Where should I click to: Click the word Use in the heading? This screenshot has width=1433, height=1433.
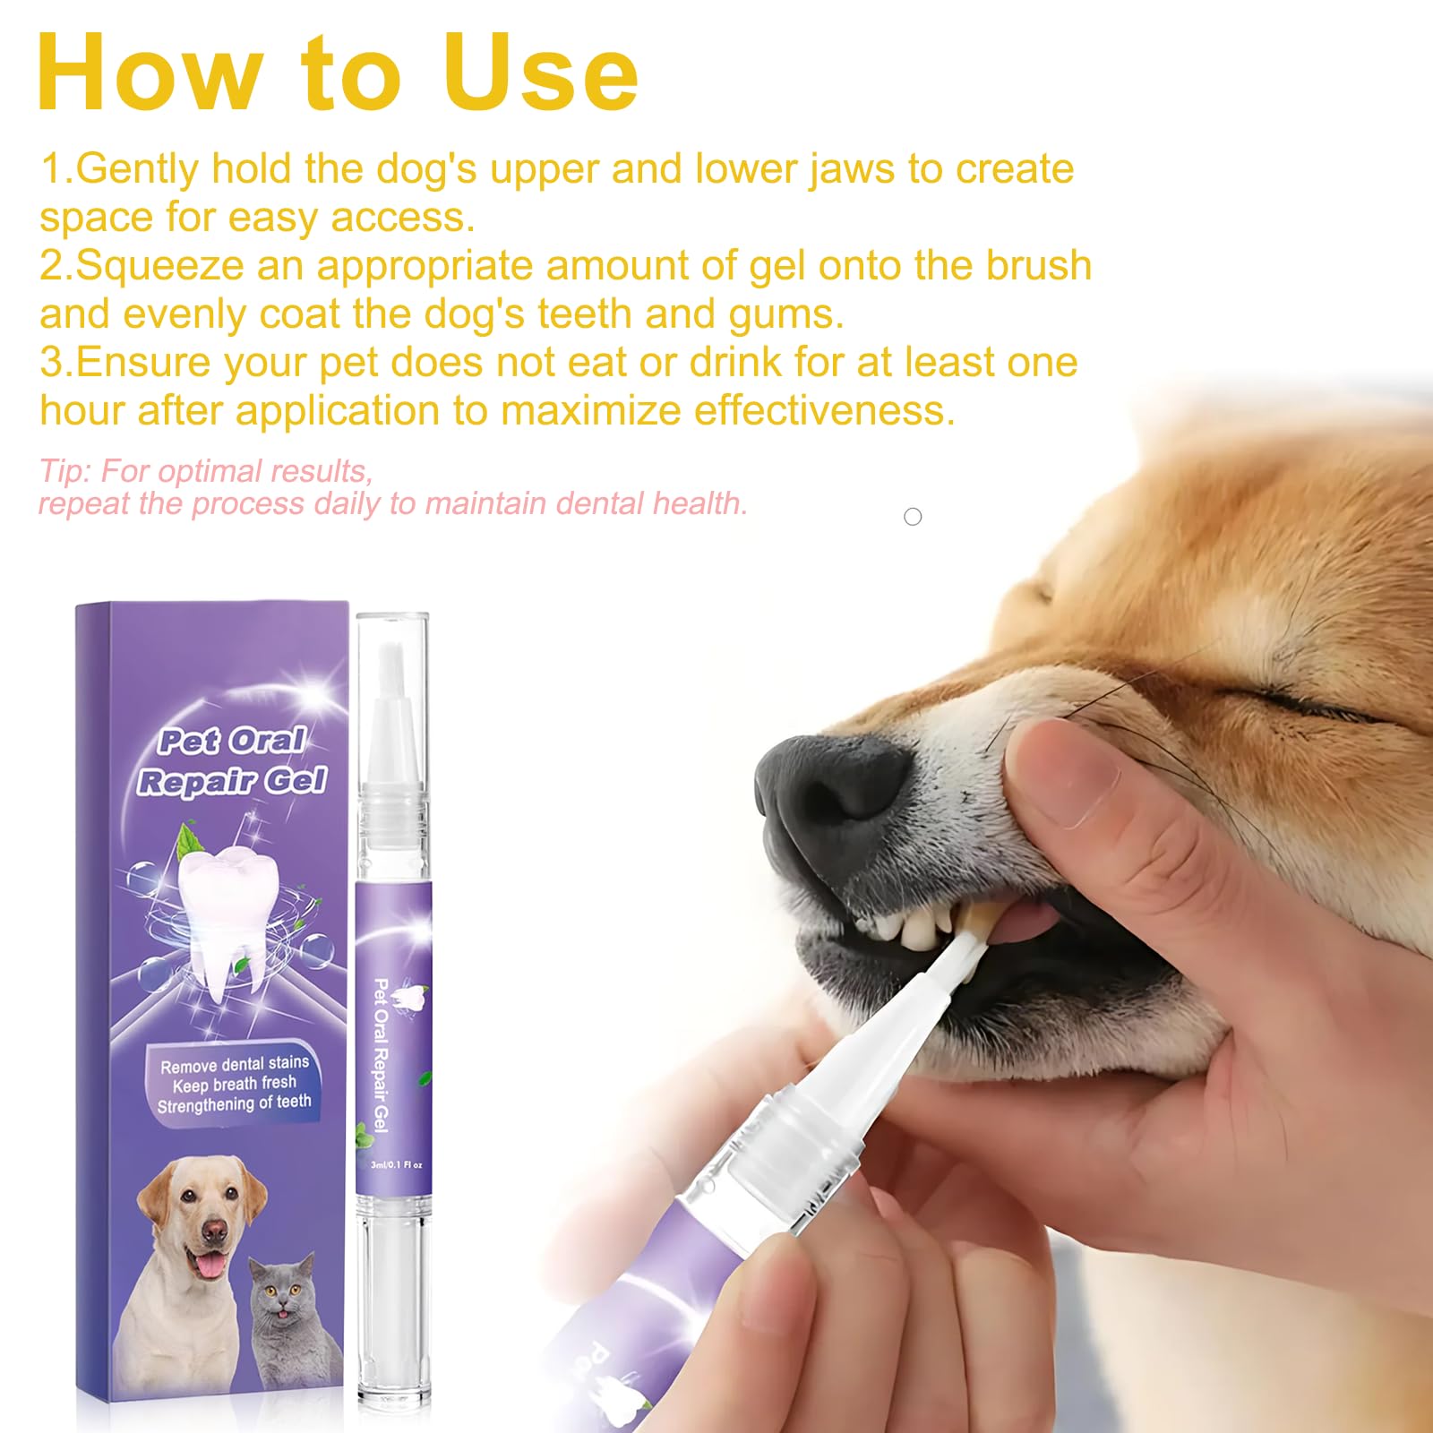coord(541,74)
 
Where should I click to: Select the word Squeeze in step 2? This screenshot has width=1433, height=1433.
coord(160,266)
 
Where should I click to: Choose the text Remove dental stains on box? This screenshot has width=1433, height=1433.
coord(235,1064)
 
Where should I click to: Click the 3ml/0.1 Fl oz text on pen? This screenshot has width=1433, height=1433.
coord(396,1165)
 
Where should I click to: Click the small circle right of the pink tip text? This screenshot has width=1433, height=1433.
coord(913,517)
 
